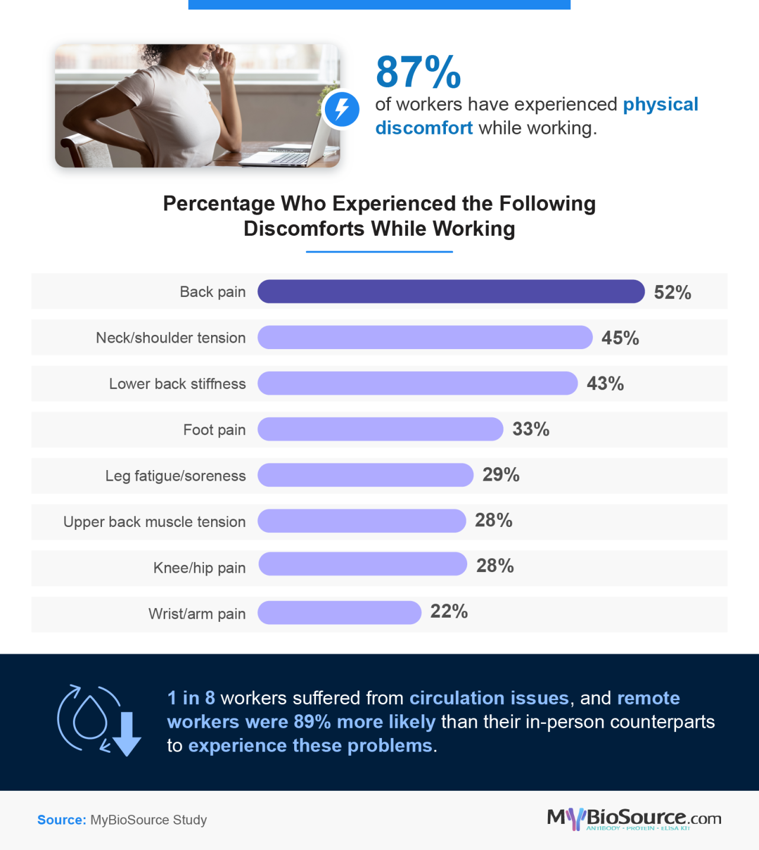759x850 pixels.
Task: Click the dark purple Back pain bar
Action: click(x=451, y=292)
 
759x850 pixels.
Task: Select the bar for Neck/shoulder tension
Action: click(x=425, y=337)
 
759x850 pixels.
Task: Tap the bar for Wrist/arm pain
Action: click(x=339, y=612)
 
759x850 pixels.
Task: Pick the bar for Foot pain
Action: click(x=380, y=429)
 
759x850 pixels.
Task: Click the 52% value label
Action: click(x=672, y=292)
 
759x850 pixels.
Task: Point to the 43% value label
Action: click(x=605, y=384)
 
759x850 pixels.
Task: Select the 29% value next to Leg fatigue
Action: click(x=500, y=475)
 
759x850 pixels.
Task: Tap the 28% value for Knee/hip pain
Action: click(x=495, y=565)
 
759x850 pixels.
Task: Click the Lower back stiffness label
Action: click(x=177, y=384)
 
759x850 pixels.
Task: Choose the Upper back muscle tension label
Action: click(x=154, y=522)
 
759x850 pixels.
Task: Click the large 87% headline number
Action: click(x=418, y=72)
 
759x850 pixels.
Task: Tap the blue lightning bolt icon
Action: click(x=342, y=109)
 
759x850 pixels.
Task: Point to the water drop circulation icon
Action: click(x=90, y=718)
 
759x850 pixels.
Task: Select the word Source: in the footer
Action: click(x=62, y=820)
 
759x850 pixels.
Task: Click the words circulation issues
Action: click(x=489, y=698)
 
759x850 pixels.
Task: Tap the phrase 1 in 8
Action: click(x=191, y=698)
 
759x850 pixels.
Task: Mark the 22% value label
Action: click(x=449, y=611)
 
